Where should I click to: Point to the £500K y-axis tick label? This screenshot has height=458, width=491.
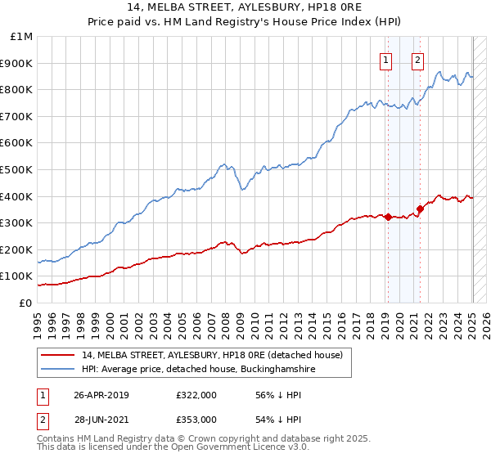click(x=19, y=169)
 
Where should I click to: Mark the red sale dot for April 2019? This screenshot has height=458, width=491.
click(x=388, y=217)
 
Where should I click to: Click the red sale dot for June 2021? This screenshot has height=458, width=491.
click(x=420, y=209)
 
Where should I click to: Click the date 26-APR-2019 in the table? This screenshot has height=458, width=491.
click(x=101, y=395)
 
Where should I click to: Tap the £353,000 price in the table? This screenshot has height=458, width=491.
click(x=196, y=420)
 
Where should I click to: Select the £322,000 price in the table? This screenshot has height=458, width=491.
click(x=196, y=395)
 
